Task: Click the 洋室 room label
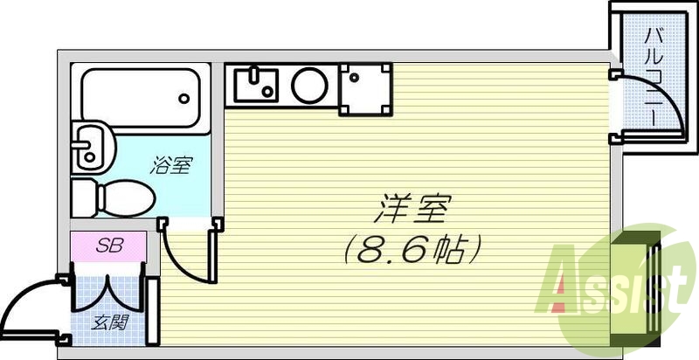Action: point(414,211)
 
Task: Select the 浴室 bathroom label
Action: point(171,165)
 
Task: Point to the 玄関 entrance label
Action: point(111,321)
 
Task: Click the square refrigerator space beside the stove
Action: point(365,88)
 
